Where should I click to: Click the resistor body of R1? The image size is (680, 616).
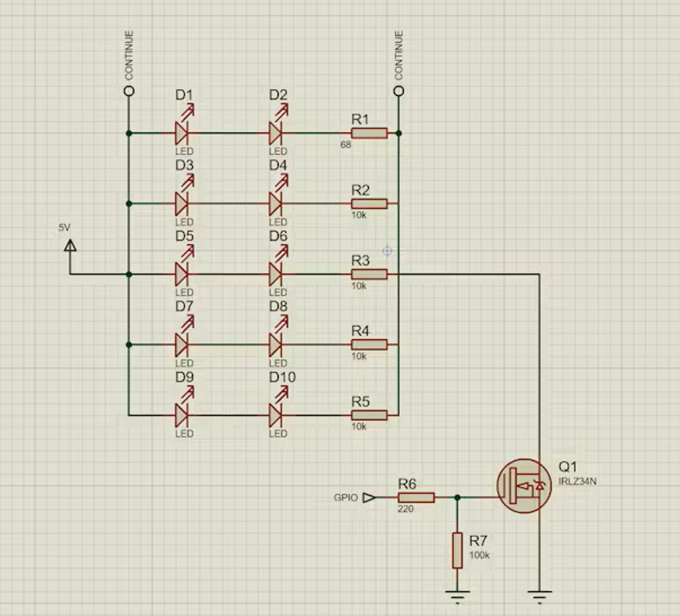tap(369, 133)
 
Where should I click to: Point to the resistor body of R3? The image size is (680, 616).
tap(369, 274)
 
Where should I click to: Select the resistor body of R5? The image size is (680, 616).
tap(369, 415)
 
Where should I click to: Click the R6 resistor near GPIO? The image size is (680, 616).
tap(416, 497)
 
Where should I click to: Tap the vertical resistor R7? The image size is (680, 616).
tap(457, 550)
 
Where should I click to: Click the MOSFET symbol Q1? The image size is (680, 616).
tap(524, 486)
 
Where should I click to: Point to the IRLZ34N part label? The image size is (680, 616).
tap(577, 481)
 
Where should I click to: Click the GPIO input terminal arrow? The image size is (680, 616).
tap(369, 497)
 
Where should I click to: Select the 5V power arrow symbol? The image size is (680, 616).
tap(70, 246)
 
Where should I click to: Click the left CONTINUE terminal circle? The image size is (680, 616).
tap(129, 91)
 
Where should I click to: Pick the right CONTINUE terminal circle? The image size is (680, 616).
tap(399, 91)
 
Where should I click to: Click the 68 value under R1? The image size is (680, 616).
tap(346, 145)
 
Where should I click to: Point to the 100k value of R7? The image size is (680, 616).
tap(480, 555)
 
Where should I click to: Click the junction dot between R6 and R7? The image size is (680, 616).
tap(457, 497)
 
